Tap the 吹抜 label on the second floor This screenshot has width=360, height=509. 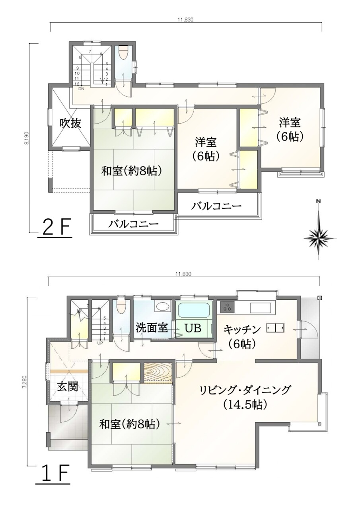(x=70, y=124)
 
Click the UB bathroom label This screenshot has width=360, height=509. (x=192, y=328)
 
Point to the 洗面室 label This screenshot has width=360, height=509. (x=152, y=328)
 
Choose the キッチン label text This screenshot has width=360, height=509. (x=242, y=329)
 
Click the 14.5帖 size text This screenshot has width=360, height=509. (x=245, y=404)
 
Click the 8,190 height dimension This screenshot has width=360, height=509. (x=28, y=138)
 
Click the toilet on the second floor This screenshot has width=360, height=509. (x=124, y=53)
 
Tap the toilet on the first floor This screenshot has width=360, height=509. (x=121, y=307)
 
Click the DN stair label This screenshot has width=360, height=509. (x=82, y=89)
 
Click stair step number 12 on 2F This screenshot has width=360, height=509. (x=77, y=84)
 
